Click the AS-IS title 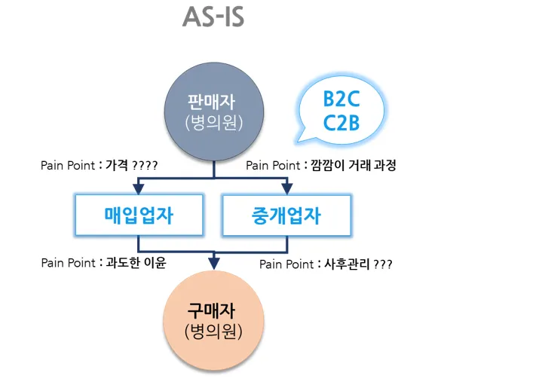click(x=213, y=17)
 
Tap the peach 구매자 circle click(x=214, y=319)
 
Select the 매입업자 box click(x=139, y=215)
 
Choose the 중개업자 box click(x=286, y=215)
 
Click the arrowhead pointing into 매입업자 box click(x=139, y=188)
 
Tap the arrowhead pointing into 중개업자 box click(x=286, y=188)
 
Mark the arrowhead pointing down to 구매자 click(x=214, y=262)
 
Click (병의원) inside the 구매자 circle click(x=214, y=330)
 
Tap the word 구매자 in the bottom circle click(x=214, y=310)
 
